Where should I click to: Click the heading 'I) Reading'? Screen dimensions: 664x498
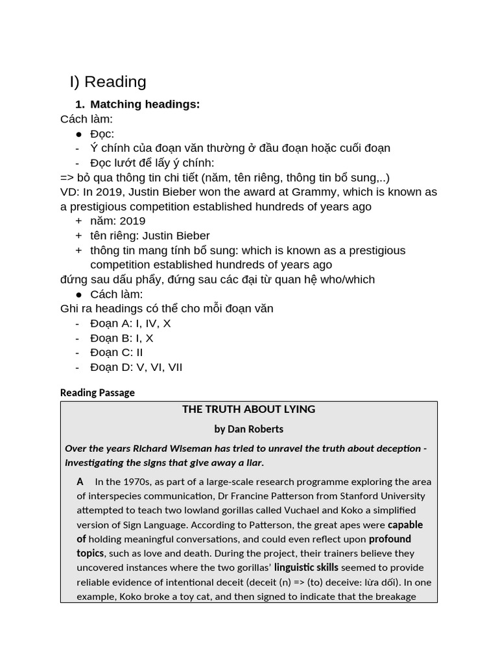click(108, 82)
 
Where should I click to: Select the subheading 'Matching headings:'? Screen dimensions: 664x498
click(145, 104)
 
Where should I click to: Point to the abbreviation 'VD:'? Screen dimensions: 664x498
click(70, 192)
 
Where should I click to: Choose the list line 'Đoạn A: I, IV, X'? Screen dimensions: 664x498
click(130, 323)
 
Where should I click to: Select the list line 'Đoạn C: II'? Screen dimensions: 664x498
click(117, 352)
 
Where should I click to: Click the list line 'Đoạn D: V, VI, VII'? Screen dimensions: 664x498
click(136, 367)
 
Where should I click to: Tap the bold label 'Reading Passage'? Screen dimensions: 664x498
click(97, 392)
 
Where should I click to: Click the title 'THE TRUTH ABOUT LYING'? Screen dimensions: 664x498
click(248, 409)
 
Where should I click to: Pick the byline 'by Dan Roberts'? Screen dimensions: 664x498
click(248, 429)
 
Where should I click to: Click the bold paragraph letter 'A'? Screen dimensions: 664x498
click(80, 481)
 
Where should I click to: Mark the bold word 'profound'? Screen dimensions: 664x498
click(390, 539)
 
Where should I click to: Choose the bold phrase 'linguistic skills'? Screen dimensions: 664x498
click(306, 567)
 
